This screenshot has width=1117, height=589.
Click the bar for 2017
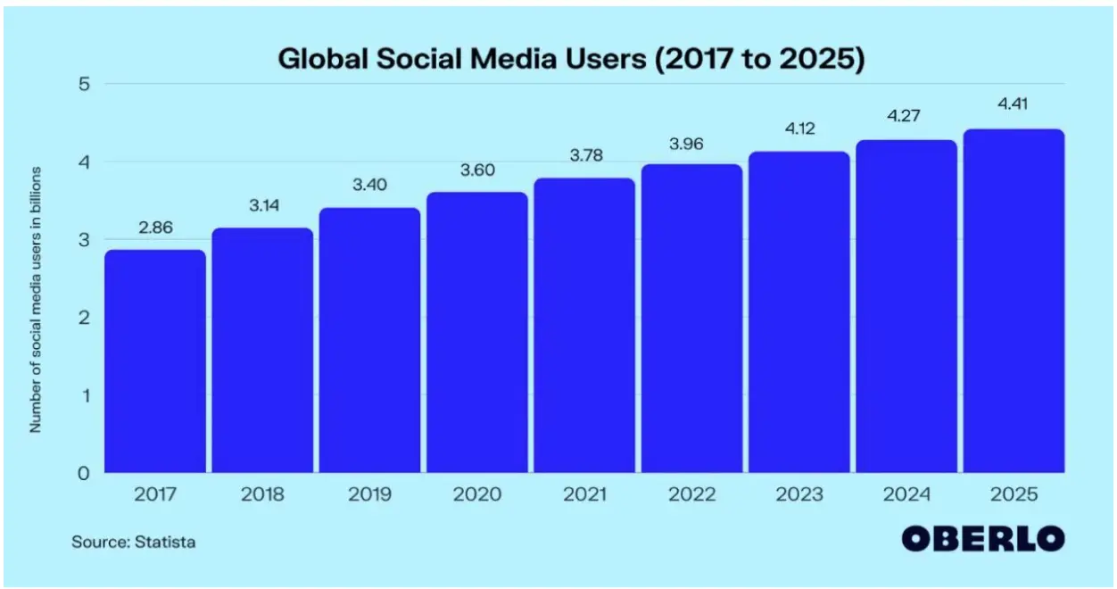(x=155, y=361)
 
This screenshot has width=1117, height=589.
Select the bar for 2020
(x=476, y=332)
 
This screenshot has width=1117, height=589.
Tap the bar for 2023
(x=798, y=312)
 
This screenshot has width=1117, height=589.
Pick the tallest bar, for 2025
(x=1014, y=301)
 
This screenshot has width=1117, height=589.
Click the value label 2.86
(x=155, y=228)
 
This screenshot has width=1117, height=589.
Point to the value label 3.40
(x=369, y=187)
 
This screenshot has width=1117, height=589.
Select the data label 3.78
(x=584, y=156)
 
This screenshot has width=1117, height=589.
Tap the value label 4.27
(x=906, y=115)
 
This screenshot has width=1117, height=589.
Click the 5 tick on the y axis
(x=86, y=85)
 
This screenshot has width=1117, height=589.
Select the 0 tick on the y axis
(x=86, y=473)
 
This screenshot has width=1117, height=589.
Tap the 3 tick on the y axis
(x=86, y=240)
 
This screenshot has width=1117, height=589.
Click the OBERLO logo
(x=982, y=539)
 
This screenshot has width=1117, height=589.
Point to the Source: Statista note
(x=134, y=542)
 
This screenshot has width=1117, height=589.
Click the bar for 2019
(x=369, y=340)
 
